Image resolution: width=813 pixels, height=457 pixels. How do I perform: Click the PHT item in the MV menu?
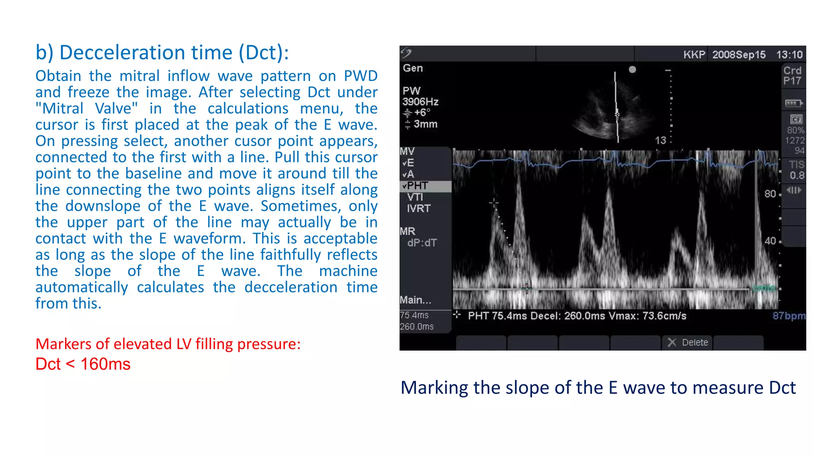click(417, 186)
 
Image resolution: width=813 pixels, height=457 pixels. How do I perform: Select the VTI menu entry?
click(415, 197)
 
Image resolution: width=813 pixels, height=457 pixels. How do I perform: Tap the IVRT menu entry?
click(418, 208)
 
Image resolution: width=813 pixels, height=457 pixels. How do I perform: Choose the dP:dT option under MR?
click(422, 243)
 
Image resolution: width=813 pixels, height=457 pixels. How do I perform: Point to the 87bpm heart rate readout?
click(789, 316)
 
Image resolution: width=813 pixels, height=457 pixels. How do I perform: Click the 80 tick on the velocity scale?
click(770, 194)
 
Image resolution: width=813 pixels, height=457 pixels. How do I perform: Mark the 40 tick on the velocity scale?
click(770, 241)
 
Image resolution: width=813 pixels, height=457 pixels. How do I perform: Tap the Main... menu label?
click(415, 300)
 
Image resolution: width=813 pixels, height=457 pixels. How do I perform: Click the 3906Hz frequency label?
click(420, 102)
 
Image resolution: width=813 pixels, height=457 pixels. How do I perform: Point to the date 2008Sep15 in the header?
click(739, 55)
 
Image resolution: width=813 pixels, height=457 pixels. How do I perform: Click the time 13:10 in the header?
click(789, 55)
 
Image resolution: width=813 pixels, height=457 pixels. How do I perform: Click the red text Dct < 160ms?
click(83, 364)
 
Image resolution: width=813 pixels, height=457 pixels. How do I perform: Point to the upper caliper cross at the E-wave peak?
click(494, 203)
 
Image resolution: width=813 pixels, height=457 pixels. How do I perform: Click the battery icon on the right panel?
click(793, 104)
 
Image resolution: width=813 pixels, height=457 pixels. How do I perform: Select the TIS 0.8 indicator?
click(796, 170)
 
